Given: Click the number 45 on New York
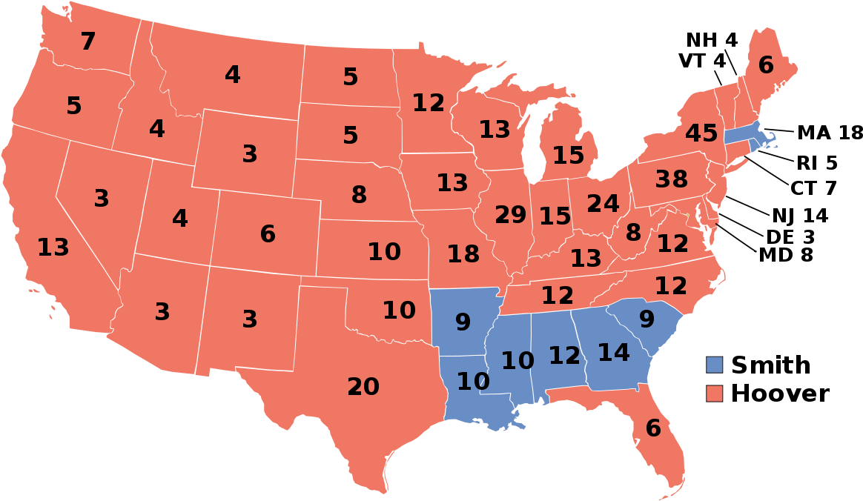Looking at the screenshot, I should point(701,134).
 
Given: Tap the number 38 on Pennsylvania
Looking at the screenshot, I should point(671,179).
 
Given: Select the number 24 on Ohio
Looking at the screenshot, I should point(603,203).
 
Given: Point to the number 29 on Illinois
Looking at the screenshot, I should point(510,215).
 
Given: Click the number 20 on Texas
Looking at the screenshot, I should point(363,387).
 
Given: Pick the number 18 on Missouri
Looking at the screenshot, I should point(463,254).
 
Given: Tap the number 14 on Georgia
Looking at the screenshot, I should point(613,353).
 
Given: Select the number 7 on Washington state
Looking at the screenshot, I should point(87,42).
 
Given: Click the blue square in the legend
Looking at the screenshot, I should point(714,365).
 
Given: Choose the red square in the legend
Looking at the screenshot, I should point(714,394).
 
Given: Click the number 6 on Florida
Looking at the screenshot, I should point(652,428).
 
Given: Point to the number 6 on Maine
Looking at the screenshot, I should point(766,66).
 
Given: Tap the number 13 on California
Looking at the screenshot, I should point(53,248).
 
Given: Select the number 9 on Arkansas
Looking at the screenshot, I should point(463,322).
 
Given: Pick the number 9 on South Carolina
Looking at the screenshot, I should point(647,319).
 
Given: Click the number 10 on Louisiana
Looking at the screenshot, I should point(473,382).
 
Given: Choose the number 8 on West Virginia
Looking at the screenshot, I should point(632,233).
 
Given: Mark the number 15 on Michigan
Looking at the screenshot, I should point(568,156).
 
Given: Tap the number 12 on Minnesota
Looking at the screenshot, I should point(429,103).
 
